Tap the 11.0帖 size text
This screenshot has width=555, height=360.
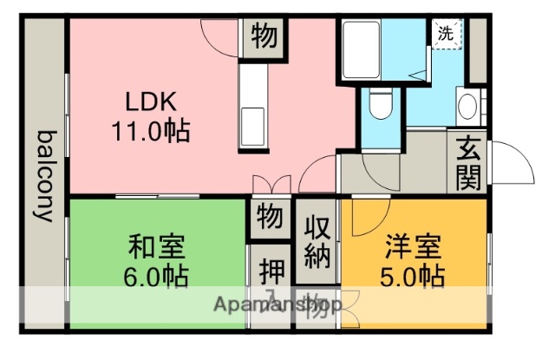point(151,132)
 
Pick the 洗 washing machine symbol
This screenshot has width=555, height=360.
point(445,36)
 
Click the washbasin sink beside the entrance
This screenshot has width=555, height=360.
point(467,108)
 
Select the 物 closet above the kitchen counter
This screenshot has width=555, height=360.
point(264,37)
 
